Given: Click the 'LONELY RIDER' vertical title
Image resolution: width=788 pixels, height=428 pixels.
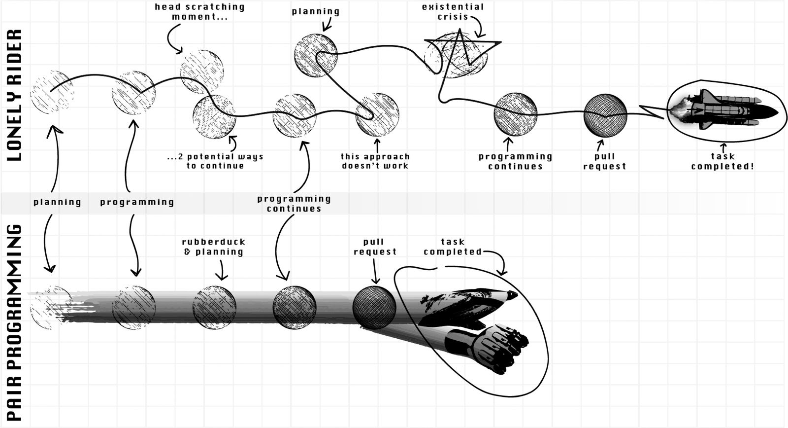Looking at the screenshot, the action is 14,95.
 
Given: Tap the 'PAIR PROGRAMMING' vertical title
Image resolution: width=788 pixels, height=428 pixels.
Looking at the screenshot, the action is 14,322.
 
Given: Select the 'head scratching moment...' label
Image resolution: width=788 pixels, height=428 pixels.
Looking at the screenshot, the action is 199,12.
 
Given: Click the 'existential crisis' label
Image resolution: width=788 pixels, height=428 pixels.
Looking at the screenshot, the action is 453,12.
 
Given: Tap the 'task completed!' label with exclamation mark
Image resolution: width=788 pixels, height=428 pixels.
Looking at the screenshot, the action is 722,161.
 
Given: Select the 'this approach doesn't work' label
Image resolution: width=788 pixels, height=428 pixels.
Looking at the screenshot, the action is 375,161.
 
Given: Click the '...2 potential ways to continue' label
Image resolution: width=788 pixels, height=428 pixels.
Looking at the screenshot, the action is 215,161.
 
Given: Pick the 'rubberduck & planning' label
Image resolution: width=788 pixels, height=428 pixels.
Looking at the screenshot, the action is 214,247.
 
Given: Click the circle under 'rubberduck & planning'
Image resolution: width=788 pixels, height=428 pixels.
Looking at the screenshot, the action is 214,308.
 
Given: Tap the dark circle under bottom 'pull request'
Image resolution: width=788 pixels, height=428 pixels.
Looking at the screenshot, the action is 374,308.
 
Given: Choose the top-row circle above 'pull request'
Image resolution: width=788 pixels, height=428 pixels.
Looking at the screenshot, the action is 605,115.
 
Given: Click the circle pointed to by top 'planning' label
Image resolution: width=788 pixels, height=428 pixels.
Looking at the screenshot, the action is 316,55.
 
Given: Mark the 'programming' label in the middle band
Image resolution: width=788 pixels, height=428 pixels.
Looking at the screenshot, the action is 137,202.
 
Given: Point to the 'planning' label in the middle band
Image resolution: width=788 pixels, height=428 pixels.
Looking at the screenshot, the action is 57,202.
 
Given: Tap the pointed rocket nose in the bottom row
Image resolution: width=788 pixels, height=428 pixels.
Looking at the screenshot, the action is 511,295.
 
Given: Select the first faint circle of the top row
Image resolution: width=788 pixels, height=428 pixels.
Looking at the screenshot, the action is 52,92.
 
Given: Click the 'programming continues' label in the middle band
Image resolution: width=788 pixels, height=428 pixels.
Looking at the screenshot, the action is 294,204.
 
